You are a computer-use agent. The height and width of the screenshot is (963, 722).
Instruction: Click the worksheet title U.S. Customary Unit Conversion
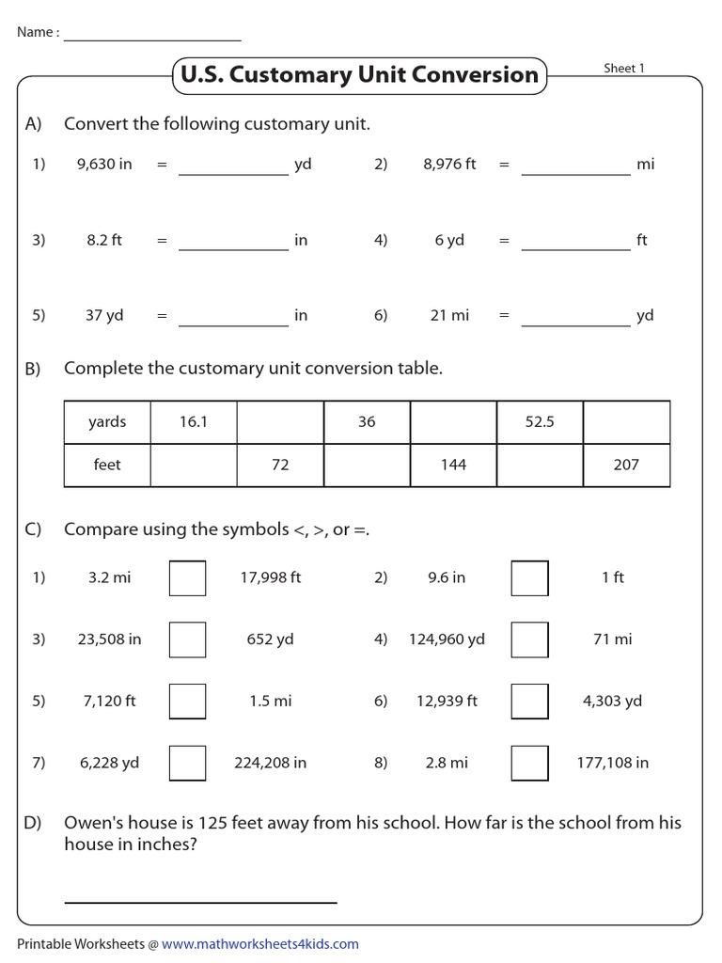tap(357, 75)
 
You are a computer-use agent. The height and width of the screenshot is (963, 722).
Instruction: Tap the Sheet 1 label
tap(624, 69)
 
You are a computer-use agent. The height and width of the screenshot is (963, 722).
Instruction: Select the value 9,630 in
tap(104, 165)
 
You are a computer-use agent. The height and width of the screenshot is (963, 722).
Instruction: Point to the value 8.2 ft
tap(104, 240)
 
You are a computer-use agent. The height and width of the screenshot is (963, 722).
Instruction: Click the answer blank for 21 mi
tap(575, 318)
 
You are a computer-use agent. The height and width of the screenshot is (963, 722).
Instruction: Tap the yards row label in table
tap(107, 422)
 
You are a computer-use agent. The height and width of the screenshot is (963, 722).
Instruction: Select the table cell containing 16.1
tap(194, 422)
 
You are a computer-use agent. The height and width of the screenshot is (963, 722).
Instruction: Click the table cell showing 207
tap(626, 465)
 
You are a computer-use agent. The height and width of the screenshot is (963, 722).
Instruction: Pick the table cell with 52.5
tap(540, 422)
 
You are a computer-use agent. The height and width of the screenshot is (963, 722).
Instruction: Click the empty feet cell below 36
tap(367, 465)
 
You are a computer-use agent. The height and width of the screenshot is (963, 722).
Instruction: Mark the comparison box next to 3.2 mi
tap(187, 577)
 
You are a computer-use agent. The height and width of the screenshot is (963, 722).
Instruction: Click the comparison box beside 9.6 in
tap(529, 577)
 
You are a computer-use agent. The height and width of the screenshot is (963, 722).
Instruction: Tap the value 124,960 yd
tap(447, 639)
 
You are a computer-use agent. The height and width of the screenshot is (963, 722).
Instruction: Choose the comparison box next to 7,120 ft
tap(187, 701)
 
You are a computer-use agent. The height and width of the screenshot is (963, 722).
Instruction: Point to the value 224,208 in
tap(270, 763)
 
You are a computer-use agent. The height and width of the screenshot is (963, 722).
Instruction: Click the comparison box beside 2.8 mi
tap(529, 763)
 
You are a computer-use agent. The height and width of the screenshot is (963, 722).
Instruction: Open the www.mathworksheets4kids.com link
tap(260, 944)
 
